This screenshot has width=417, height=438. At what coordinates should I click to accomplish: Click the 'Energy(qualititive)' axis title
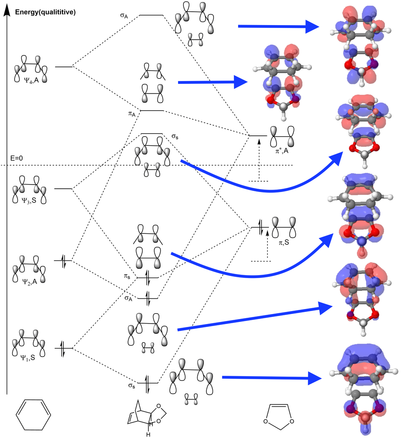tap(45, 12)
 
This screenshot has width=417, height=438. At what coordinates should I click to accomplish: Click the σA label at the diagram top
tap(124, 16)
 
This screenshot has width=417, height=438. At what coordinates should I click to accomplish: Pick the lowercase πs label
tap(128, 277)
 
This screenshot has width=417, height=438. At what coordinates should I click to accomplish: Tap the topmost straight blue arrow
tap(279, 27)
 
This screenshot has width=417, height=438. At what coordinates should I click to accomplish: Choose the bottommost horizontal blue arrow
tap(271, 378)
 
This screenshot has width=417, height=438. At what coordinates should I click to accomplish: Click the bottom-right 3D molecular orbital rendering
tap(365, 390)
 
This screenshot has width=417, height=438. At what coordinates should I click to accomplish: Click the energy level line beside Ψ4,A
tap(63, 66)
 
